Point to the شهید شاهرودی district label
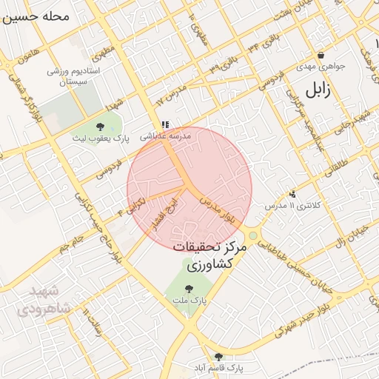tap(44, 301)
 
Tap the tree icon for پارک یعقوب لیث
tap(101, 127)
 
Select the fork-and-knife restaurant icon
tap(164, 126)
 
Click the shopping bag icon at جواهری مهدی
tap(321, 56)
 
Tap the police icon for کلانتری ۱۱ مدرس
tap(293, 194)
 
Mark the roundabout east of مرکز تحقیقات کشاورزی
tap(253, 236)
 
